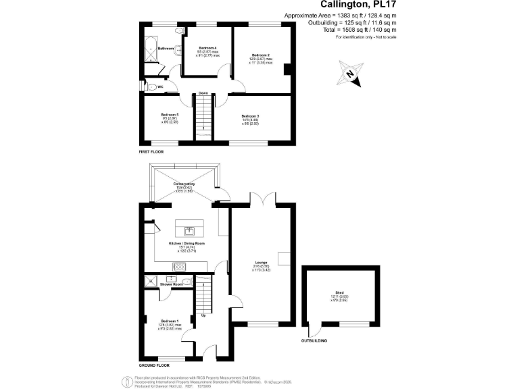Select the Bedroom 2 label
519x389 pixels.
(x=261, y=55)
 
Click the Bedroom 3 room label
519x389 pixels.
(x=250, y=117)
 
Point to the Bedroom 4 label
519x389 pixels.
(x=207, y=48)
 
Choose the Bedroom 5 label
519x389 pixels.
(x=169, y=115)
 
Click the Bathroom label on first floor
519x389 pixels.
(x=166, y=49)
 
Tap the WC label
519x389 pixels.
(x=160, y=87)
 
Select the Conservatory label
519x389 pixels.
(x=184, y=184)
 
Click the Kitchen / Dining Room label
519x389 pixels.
(x=186, y=242)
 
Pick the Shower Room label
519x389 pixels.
(x=171, y=284)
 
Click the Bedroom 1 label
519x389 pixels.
(x=169, y=321)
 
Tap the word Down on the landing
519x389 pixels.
(x=203, y=93)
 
